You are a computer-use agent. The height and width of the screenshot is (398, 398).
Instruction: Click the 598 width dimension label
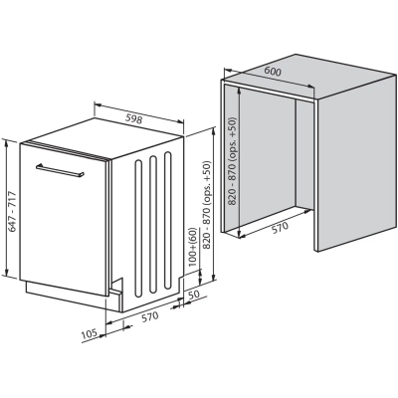pos(134,118)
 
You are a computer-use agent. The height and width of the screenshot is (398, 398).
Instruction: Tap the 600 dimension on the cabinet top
pos(273,71)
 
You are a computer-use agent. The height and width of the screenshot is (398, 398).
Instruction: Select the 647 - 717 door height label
pos(12,211)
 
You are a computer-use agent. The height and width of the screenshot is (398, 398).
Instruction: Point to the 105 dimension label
pos(89,332)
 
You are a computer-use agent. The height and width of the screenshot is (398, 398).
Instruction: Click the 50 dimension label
pos(194,295)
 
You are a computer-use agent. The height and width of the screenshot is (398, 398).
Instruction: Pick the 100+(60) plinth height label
pos(193,247)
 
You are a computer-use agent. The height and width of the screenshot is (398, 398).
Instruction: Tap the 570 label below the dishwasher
pos(150,316)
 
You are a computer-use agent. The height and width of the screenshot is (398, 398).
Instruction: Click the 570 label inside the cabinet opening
pos(281,228)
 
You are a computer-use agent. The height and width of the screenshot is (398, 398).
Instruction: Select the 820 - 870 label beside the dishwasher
pos(207,205)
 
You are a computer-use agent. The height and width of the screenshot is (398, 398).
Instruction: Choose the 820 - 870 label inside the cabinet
pos(233,161)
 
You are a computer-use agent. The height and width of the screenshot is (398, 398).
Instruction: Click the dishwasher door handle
pos(60,170)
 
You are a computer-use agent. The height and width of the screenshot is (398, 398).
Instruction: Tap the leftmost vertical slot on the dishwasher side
pos(138,229)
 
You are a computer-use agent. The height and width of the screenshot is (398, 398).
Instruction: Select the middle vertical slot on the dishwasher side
pos(153,224)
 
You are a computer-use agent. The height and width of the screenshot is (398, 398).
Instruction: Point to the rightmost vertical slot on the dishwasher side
pos(168,221)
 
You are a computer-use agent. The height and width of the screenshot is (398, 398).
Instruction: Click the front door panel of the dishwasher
pos(63,219)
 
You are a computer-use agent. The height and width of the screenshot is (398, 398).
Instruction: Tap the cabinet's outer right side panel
pos(356,162)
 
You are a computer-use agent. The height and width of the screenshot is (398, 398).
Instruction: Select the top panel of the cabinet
pos(309,78)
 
